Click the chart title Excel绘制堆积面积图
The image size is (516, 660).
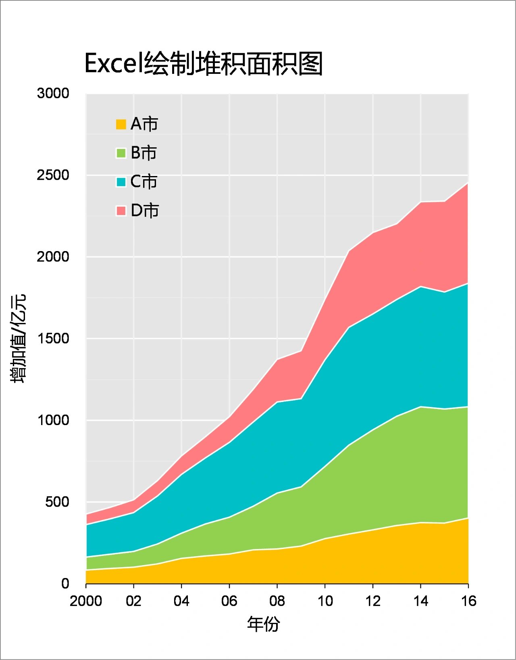point(204,64)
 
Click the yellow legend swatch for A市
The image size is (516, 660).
point(121,124)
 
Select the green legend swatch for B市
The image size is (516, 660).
point(121,153)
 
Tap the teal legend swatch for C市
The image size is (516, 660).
point(121,182)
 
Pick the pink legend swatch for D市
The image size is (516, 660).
point(121,211)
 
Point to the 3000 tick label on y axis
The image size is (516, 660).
point(53,93)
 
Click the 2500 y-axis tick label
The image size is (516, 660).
point(53,175)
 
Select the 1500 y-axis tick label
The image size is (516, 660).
point(53,338)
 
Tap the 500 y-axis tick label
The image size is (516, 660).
point(57,502)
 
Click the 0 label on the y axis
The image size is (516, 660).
point(65,583)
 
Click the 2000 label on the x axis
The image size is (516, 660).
point(86,601)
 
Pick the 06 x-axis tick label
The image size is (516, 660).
point(229,601)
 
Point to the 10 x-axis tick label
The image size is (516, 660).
point(325,601)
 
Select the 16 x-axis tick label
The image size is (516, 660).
point(468,601)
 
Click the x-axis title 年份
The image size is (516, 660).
point(264,624)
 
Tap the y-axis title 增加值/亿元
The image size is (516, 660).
point(18,338)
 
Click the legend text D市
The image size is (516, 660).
point(145,211)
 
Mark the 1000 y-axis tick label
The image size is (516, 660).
point(53,420)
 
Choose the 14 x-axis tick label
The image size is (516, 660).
point(420,601)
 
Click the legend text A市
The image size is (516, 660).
point(144,124)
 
